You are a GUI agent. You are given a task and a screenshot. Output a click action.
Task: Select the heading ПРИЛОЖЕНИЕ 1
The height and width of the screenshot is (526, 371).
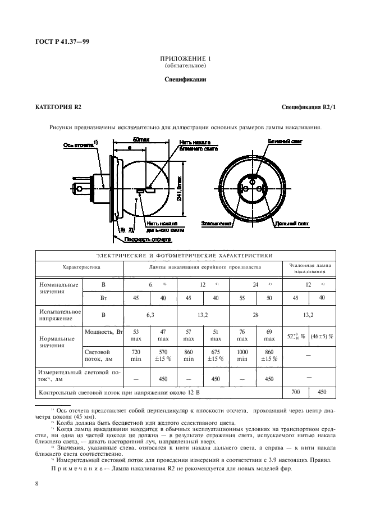[x=185, y=58]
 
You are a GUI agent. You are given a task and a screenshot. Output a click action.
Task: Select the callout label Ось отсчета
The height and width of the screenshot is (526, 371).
[x=78, y=144]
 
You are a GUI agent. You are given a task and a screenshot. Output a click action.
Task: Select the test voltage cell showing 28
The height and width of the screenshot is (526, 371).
[x=255, y=315]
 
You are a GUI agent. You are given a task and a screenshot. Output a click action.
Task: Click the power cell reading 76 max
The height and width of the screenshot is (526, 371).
[x=242, y=335]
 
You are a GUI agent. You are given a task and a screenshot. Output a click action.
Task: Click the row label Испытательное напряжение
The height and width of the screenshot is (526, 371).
[x=59, y=315]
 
